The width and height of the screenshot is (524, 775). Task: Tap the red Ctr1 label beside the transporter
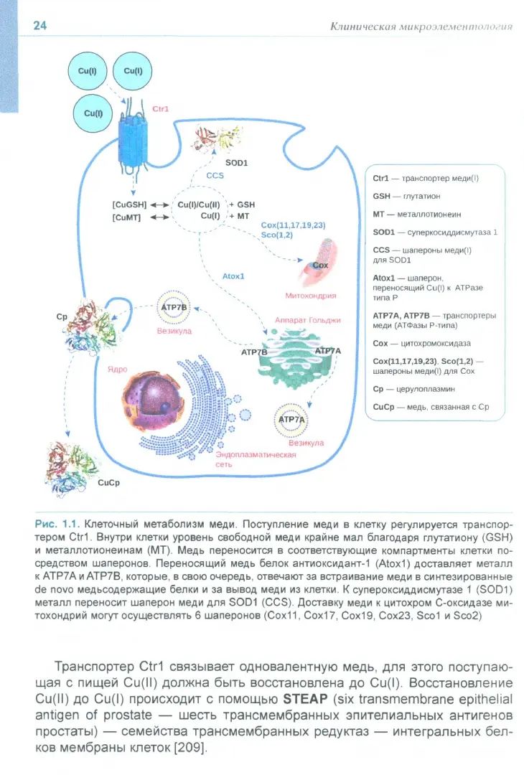point(160,110)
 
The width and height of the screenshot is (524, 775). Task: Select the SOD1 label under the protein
point(236,163)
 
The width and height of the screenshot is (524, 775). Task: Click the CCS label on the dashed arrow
point(215,175)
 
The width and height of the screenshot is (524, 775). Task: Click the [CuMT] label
point(126,217)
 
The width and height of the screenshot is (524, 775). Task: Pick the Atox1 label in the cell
point(234,276)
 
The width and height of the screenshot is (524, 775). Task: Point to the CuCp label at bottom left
point(108,482)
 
